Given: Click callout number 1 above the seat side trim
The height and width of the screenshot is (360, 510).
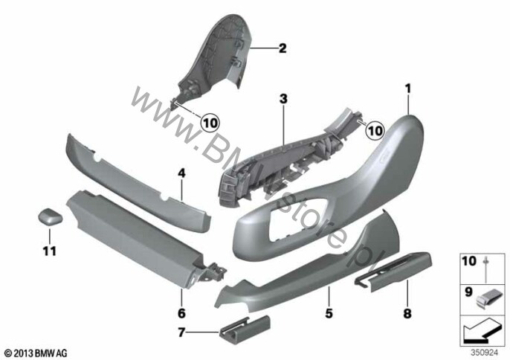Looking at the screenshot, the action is (408, 89).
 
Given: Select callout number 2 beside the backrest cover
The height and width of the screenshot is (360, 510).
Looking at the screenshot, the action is (283, 48).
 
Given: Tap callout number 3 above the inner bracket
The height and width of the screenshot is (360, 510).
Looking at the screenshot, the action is (284, 99).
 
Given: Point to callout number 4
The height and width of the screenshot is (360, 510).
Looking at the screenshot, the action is (181, 173).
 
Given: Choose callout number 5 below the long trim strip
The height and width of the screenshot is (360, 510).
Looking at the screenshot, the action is (329, 313).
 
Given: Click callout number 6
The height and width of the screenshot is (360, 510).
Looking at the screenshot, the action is (181, 313).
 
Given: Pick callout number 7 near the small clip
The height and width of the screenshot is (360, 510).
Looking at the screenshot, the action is (181, 332).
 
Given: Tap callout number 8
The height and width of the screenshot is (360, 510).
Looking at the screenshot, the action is (407, 313).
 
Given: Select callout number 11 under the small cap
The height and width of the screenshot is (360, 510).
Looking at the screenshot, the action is (49, 251).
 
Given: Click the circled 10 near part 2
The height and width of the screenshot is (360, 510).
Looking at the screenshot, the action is (210, 123).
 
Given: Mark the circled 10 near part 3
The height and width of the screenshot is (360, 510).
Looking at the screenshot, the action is (375, 130).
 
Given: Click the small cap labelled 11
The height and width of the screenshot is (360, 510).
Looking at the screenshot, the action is (51, 216).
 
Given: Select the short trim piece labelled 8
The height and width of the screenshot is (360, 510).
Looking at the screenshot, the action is (393, 270).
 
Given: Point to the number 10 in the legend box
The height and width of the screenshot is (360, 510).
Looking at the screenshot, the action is (469, 261).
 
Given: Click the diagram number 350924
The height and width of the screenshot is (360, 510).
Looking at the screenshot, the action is (485, 353).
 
